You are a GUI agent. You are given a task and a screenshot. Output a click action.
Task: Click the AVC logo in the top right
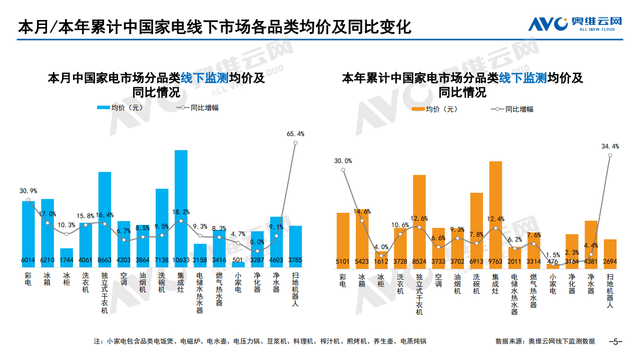(576, 23)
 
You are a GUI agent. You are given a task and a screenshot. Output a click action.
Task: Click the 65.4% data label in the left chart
(295, 134)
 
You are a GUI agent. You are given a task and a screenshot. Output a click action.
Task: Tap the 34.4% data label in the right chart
(610, 147)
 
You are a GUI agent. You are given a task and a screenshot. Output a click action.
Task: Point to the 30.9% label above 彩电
(29, 191)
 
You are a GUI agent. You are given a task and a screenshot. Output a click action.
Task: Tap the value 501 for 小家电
(238, 260)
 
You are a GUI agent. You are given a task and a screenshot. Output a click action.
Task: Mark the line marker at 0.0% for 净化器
(257, 251)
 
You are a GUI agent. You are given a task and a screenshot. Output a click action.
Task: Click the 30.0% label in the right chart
(343, 161)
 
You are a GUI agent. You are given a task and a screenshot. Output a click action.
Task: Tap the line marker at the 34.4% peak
(610, 155)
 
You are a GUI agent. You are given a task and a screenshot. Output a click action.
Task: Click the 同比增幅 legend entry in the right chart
(512, 109)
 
